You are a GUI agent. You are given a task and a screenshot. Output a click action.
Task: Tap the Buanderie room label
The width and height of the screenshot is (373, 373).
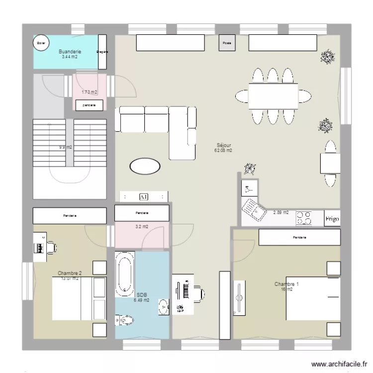70,52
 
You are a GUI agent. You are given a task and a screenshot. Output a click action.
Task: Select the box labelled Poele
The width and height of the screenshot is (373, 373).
227,43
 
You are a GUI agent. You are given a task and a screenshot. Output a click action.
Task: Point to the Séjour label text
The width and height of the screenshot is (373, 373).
223,145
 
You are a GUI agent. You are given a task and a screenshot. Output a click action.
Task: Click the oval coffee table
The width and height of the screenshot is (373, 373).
145,166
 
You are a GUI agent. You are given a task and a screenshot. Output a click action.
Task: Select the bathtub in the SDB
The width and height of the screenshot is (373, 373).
124,274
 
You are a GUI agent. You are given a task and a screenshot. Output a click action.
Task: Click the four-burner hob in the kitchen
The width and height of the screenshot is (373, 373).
304,218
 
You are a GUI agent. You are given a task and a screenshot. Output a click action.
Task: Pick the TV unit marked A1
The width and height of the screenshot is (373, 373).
144,197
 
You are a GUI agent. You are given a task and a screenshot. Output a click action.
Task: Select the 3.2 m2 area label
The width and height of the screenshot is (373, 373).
142,227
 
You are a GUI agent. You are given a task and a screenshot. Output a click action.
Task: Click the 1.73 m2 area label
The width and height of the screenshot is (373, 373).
90,92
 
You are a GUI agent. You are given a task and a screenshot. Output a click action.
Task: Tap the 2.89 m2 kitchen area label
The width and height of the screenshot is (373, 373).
281,212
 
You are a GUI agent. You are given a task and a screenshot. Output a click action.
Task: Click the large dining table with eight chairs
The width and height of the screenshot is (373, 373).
273,95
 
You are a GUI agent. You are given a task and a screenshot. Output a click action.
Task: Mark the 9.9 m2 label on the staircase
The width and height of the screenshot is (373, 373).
65,147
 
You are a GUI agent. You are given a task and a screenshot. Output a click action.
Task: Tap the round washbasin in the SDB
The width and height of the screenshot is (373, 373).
164,306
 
